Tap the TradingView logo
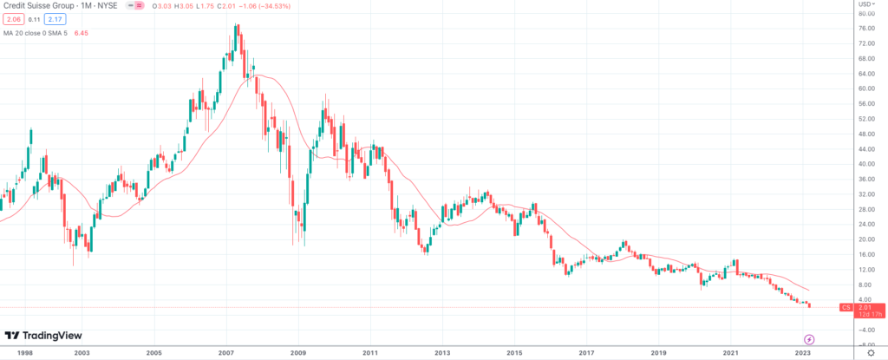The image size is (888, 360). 42,337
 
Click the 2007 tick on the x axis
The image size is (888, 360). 226,352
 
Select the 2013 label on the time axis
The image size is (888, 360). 441,352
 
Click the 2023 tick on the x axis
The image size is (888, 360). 803,352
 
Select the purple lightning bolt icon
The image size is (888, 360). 809,339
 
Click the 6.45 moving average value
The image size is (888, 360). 81,32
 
